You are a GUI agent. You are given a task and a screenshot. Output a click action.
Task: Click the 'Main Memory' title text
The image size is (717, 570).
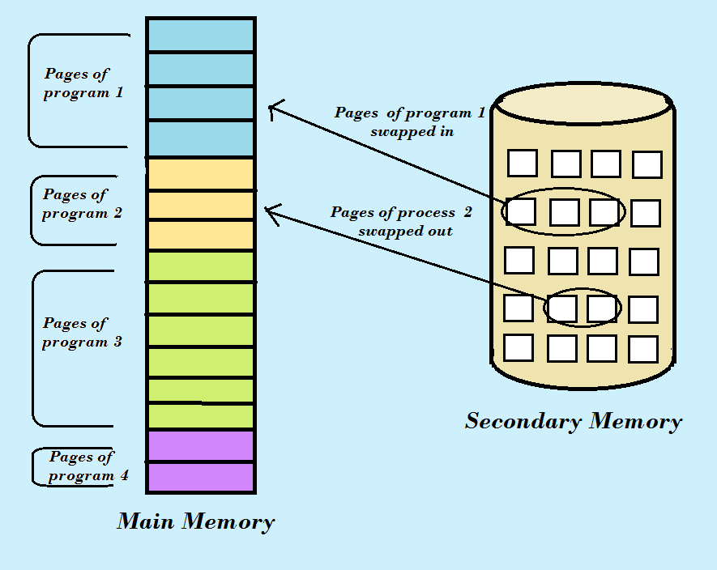196,521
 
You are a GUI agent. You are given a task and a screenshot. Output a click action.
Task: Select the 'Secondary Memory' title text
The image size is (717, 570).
574,422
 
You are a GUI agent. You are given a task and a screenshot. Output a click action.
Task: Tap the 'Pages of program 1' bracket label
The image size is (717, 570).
83,83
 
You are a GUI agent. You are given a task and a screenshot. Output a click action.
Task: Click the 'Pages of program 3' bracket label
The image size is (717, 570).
81,333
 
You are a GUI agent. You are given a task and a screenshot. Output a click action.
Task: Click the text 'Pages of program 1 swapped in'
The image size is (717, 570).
410,121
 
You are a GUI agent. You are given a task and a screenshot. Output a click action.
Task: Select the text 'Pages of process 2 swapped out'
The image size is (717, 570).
402,221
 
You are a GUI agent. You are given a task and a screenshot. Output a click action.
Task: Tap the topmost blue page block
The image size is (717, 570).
201,35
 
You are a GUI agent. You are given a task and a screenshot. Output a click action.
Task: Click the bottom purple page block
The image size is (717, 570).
201,477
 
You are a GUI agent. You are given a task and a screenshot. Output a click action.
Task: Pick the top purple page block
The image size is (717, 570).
201,446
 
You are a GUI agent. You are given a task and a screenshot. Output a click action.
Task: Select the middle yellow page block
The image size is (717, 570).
201,206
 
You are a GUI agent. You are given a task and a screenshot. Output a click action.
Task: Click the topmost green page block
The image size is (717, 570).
201,266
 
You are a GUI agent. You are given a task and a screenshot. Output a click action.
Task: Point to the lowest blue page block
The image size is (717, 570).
201,138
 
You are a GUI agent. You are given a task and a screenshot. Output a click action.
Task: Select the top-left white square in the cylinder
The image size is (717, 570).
523,163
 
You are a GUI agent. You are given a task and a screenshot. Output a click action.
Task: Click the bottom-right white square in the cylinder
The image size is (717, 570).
642,349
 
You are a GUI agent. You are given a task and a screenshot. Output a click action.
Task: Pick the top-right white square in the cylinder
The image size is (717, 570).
647,164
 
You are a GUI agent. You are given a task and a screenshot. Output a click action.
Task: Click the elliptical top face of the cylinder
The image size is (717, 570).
584,103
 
